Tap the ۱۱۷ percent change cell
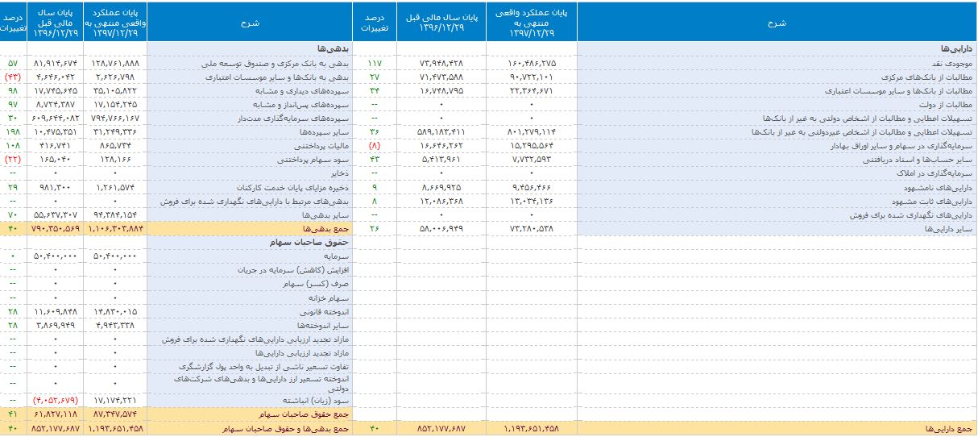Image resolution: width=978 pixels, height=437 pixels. pos(375,62)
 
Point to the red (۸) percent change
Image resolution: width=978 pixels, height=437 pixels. pos(375,147)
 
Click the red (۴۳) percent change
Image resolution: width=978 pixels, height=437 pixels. pos(13,77)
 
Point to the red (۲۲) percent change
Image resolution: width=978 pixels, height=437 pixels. pos(13,160)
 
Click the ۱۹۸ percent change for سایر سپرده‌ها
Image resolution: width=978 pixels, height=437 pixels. pos(13,131)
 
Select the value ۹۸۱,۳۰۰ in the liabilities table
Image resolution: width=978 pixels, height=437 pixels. pos(56,188)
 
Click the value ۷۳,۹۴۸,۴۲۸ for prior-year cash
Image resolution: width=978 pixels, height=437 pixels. pos(441,62)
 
